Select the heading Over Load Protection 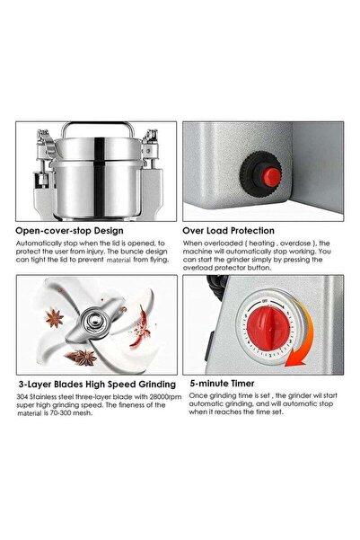[241, 229]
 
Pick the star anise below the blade [86, 357]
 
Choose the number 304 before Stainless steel [22, 396]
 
